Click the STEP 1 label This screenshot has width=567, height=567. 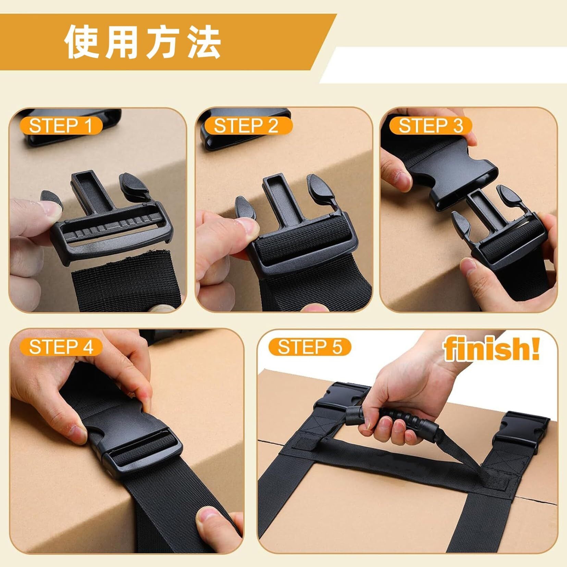pos(61,126)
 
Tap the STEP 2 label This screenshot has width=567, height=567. pos(246,126)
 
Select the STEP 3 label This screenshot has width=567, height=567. pos(431,126)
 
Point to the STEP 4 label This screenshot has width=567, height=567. pos(61,347)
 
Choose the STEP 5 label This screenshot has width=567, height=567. pos(310,347)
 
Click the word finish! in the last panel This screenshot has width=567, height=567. pos(491,348)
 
